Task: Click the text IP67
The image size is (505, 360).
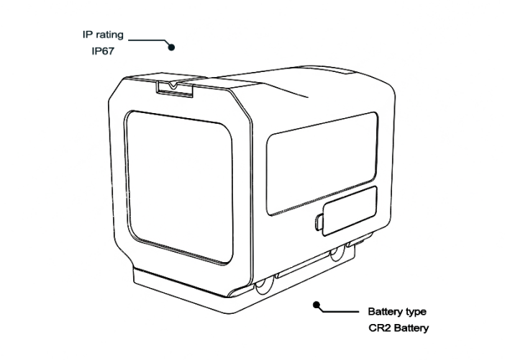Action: [x=103, y=51]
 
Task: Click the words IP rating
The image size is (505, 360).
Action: [x=103, y=35]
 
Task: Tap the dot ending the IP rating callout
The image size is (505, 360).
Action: [x=171, y=48]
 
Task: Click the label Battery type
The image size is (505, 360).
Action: [x=397, y=312]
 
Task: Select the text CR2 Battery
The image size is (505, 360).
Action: [x=399, y=328]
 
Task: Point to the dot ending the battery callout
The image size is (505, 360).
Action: [x=317, y=305]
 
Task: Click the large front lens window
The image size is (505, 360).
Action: [x=179, y=187]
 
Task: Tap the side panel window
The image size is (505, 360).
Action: [x=322, y=163]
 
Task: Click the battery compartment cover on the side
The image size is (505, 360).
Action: [x=350, y=211]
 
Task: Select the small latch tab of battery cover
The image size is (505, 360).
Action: [x=319, y=222]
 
